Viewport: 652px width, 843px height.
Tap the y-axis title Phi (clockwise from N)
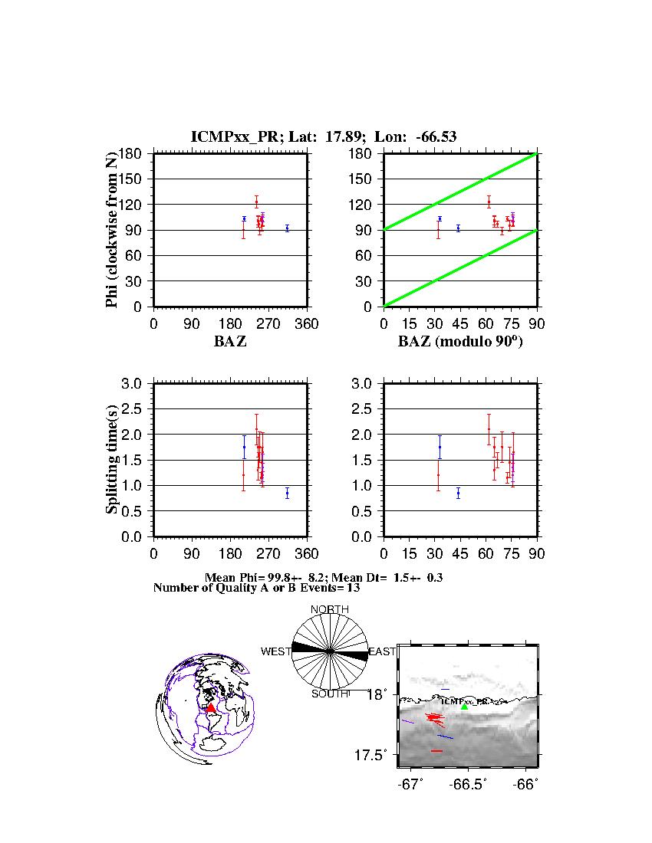112,230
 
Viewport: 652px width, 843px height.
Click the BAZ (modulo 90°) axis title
459,342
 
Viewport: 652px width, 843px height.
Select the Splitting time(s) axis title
112,460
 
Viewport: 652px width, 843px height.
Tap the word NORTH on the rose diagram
329,609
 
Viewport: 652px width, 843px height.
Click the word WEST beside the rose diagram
275,651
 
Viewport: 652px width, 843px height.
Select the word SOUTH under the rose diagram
329,694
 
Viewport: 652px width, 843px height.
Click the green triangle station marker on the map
464,707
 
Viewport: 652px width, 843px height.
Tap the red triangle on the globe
211,708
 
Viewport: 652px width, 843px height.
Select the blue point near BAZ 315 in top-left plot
287,228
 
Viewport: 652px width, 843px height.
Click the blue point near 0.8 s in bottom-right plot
458,493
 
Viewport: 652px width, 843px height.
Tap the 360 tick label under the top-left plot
307,324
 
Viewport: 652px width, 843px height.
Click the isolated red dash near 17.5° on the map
436,751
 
